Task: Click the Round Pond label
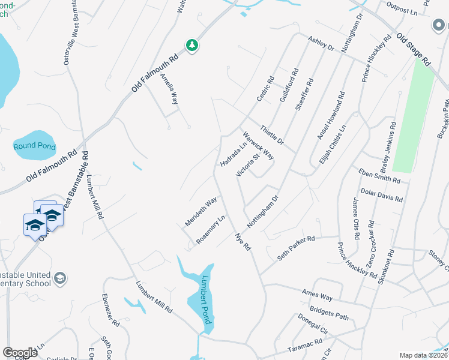coord(35,146)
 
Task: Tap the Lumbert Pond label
coord(206,300)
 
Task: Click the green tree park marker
coord(192,46)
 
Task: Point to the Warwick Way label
coord(258,146)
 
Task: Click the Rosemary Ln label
coord(210,230)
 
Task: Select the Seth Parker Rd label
coord(296,248)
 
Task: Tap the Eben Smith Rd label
coord(379,176)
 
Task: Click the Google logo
coord(20,353)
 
